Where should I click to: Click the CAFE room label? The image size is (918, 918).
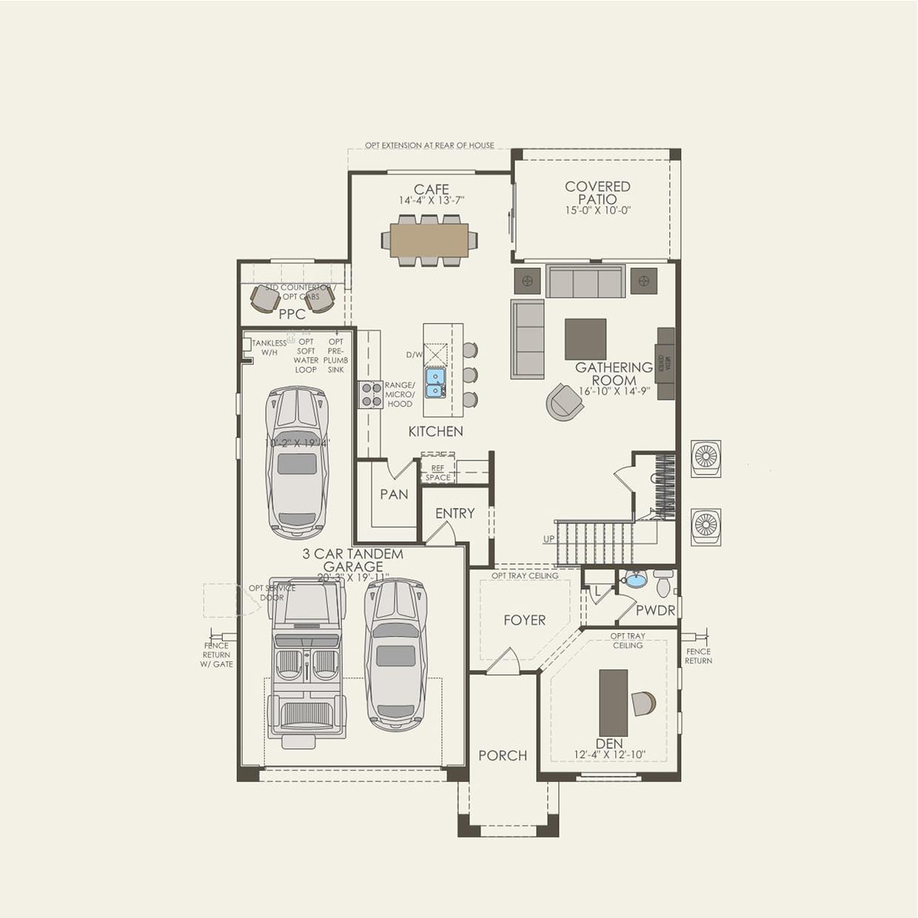tap(431, 190)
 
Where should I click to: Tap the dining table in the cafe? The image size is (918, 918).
tap(429, 240)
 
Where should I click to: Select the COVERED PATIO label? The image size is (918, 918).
tap(597, 192)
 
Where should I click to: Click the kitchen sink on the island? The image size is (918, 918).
tap(435, 382)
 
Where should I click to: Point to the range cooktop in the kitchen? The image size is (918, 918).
tap(370, 395)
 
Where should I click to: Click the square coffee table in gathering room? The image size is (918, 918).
tap(585, 339)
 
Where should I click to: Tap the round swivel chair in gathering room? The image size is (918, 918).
tap(563, 402)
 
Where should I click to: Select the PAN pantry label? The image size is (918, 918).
tap(394, 494)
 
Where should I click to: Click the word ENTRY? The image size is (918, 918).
tap(455, 513)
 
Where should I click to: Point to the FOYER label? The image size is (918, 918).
tap(524, 620)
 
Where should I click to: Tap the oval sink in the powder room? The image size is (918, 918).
tap(635, 579)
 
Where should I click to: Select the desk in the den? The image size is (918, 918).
tap(613, 703)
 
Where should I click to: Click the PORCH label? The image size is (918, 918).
tap(503, 755)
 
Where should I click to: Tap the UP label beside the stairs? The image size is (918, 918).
tap(549, 539)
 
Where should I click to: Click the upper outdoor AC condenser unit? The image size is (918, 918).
tap(706, 458)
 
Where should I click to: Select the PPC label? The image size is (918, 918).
tap(292, 314)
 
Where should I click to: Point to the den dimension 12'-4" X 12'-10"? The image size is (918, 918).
tap(609, 755)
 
